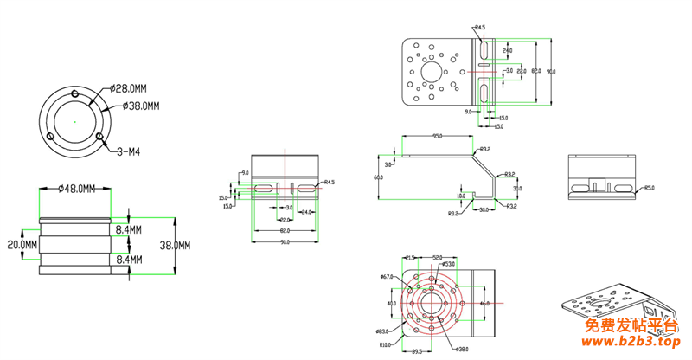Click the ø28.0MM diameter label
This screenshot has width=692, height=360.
(x=128, y=88)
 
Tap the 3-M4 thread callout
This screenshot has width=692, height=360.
(x=129, y=152)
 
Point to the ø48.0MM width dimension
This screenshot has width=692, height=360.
(x=76, y=189)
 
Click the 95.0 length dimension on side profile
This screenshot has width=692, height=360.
(x=438, y=137)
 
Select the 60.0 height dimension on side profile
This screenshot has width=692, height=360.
(x=378, y=177)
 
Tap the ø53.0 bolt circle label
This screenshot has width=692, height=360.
(x=448, y=264)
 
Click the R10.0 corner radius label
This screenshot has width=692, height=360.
(x=385, y=344)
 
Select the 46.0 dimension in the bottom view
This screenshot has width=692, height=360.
(x=484, y=304)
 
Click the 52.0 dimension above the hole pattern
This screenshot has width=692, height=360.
(x=438, y=257)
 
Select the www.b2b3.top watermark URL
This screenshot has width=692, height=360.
(x=632, y=343)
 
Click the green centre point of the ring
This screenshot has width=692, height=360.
(x=76, y=120)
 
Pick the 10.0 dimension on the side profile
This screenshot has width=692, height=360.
(x=460, y=196)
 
